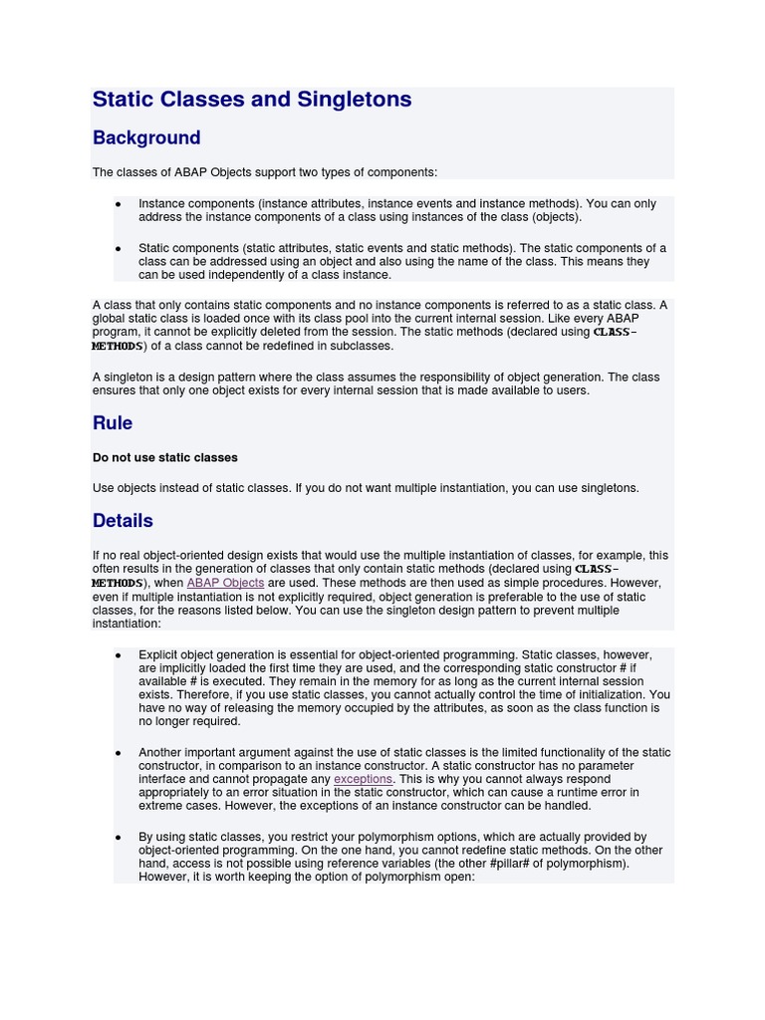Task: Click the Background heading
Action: tap(146, 138)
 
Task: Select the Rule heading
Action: tap(113, 423)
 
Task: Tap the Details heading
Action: tap(123, 521)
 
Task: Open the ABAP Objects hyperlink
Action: tap(225, 583)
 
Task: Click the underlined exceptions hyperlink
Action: tap(363, 779)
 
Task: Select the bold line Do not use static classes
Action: tap(165, 458)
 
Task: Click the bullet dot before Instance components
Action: tap(119, 204)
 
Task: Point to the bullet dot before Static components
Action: tap(119, 249)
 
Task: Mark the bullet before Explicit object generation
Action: tap(119, 655)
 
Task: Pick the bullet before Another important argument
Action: tap(119, 753)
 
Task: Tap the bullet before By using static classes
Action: tap(119, 838)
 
